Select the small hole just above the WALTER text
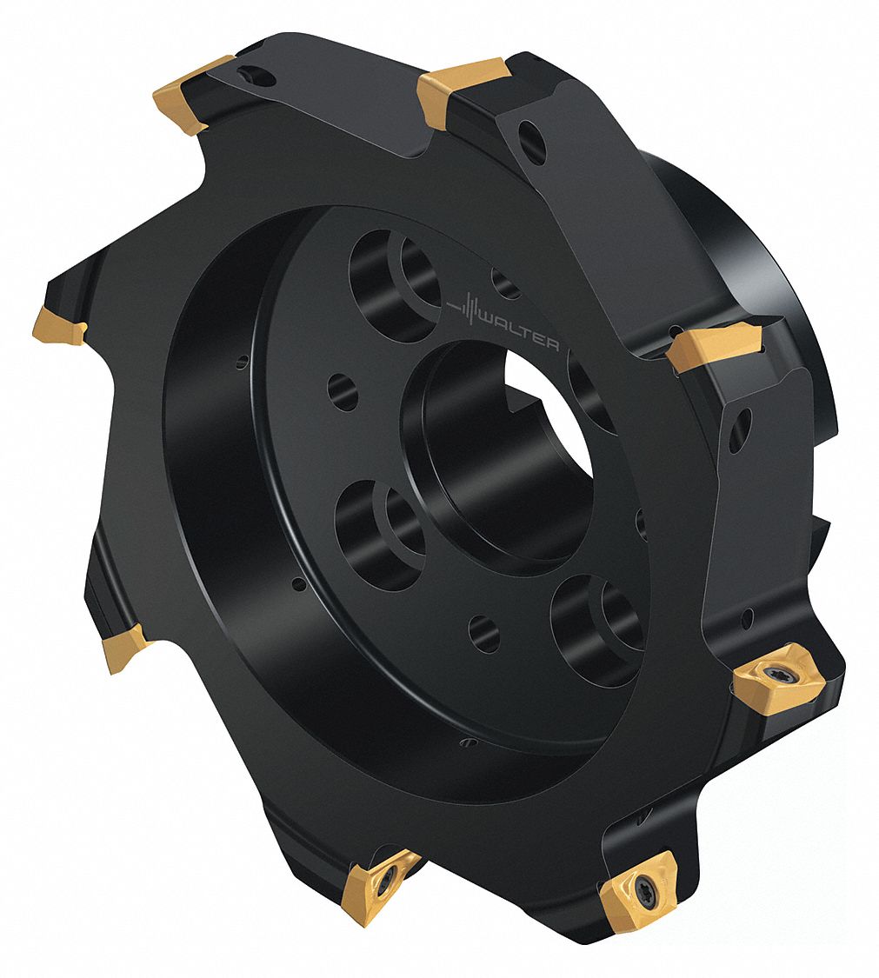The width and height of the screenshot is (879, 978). tap(505, 283)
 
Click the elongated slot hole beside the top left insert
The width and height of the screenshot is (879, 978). tap(256, 76)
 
